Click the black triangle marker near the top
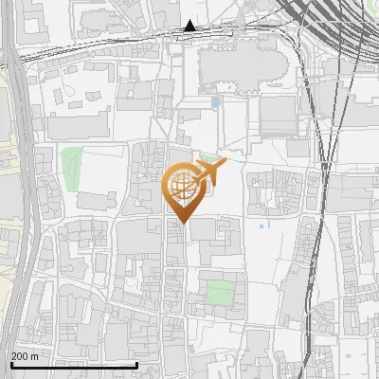(x=190, y=26)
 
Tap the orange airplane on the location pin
(x=208, y=171)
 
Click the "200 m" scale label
(x=25, y=356)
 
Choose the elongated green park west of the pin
(x=72, y=166)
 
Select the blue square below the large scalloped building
(x=216, y=100)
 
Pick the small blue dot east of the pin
(x=261, y=226)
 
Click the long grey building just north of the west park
(x=81, y=127)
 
